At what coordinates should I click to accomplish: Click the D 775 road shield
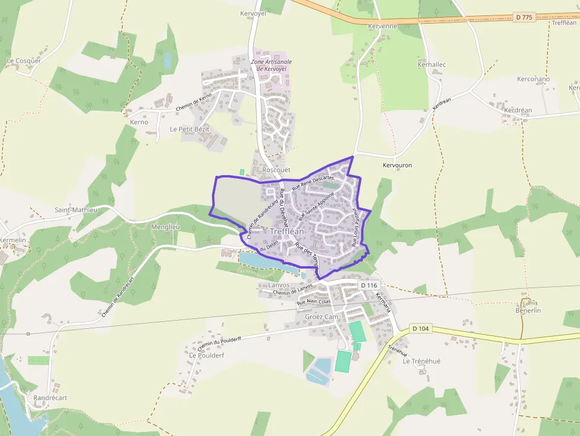point(524,17)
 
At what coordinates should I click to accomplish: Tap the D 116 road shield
point(368,285)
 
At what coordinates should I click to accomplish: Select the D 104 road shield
point(420,328)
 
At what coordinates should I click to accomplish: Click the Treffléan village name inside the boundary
point(287,231)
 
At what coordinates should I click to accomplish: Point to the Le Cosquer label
point(24,61)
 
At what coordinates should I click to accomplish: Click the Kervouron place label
point(397,165)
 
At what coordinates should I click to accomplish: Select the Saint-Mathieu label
point(76,209)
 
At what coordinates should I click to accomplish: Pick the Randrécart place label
point(50,398)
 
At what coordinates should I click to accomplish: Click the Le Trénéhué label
point(422,361)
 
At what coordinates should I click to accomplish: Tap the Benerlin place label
point(529,311)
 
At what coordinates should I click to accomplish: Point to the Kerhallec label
point(431,64)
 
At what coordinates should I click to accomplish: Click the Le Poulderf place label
point(207,356)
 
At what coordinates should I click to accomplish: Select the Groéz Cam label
point(321,316)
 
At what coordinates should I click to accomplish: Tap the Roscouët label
point(276,170)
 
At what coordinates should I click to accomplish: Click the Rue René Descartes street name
point(313,182)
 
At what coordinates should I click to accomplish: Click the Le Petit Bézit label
point(189,129)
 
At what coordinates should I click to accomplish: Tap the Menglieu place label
point(165,227)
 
